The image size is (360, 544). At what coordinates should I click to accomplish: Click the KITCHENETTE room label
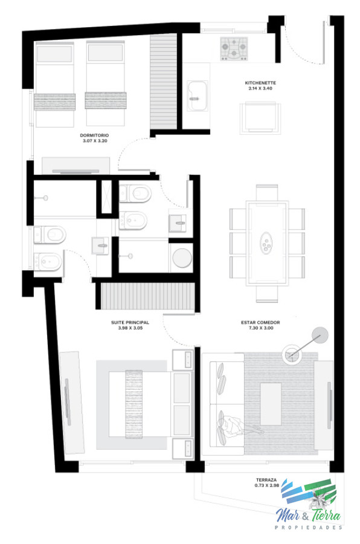click(x=261, y=82)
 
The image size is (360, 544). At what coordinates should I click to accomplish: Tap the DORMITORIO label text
click(x=94, y=135)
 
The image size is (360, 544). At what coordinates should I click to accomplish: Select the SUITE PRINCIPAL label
click(x=130, y=323)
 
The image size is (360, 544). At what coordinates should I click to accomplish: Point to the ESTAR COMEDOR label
click(x=260, y=323)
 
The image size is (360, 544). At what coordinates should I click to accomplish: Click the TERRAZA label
click(x=266, y=479)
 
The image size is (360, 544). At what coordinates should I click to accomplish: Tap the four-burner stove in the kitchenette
click(x=234, y=48)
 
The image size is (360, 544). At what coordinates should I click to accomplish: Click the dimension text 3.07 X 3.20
click(x=94, y=141)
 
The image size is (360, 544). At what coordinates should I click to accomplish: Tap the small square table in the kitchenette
click(x=261, y=117)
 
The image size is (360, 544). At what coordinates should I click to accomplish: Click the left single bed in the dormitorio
click(x=55, y=84)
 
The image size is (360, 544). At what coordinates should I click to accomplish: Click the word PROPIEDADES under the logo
click(x=309, y=528)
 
